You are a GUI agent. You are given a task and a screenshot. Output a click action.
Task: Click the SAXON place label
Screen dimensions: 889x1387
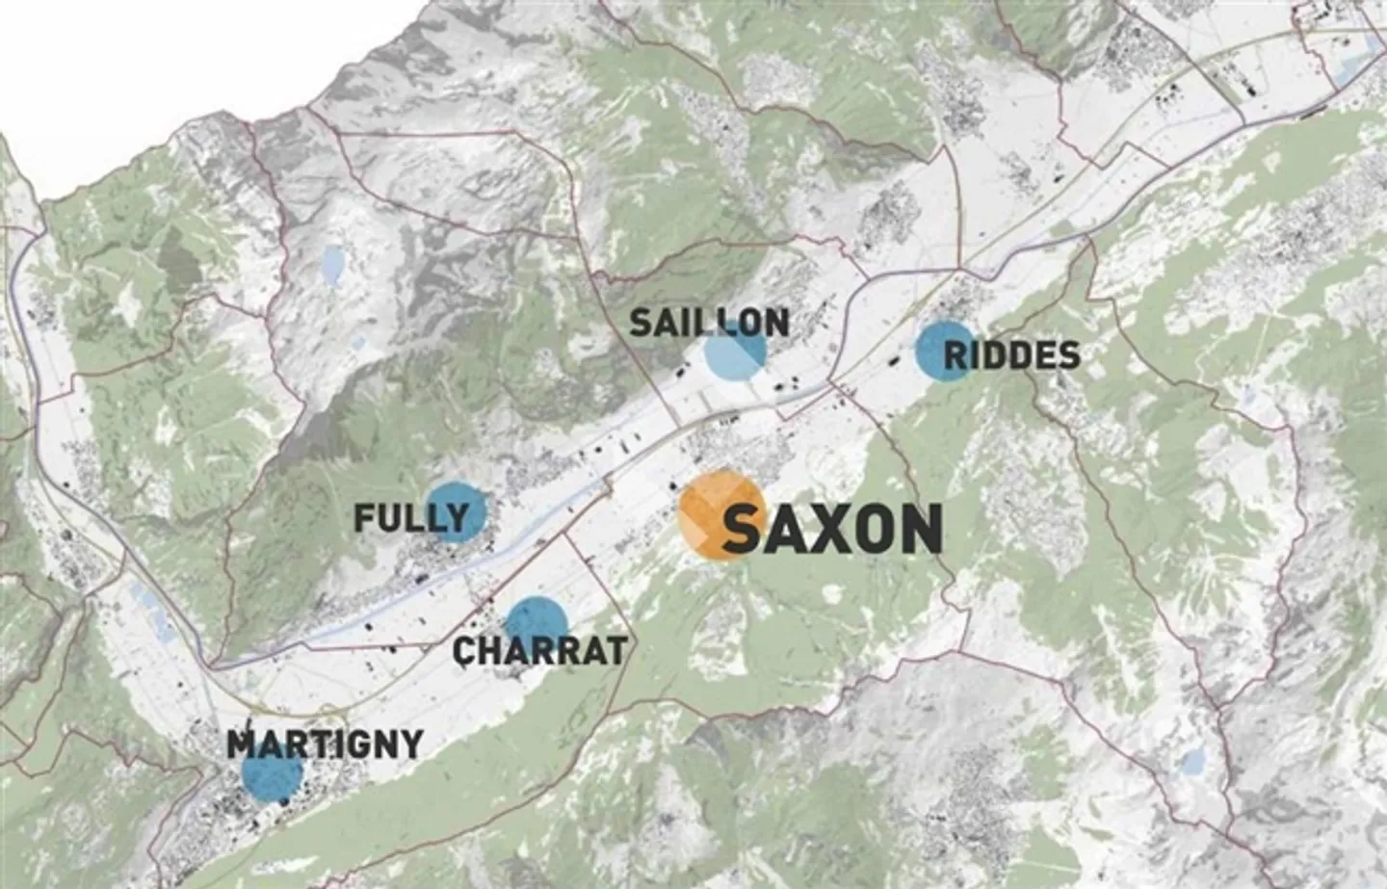pos(831,529)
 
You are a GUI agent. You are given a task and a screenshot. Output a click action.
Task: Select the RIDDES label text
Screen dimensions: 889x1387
pos(1011,356)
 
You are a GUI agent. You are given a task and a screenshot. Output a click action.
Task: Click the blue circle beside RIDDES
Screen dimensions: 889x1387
pos(945,352)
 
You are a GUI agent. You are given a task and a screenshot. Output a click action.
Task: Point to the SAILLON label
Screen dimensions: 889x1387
pos(709,323)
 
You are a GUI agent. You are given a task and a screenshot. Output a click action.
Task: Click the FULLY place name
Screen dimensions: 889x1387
pos(410,519)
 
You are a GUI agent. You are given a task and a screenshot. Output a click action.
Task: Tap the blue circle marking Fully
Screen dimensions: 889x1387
pos(456,511)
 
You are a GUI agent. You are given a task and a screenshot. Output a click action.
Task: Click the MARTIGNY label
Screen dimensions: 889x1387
pos(325,744)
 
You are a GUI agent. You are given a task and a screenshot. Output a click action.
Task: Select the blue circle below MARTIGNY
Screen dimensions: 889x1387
pos(273,773)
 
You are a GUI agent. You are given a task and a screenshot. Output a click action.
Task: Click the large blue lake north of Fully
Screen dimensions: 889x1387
pos(332,266)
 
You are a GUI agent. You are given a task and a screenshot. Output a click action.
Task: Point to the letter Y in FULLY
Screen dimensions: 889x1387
pos(455,519)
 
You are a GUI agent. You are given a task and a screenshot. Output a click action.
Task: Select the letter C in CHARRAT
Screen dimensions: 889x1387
pos(465,652)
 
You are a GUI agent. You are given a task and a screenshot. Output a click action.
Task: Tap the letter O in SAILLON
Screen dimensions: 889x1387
pos(746,323)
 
